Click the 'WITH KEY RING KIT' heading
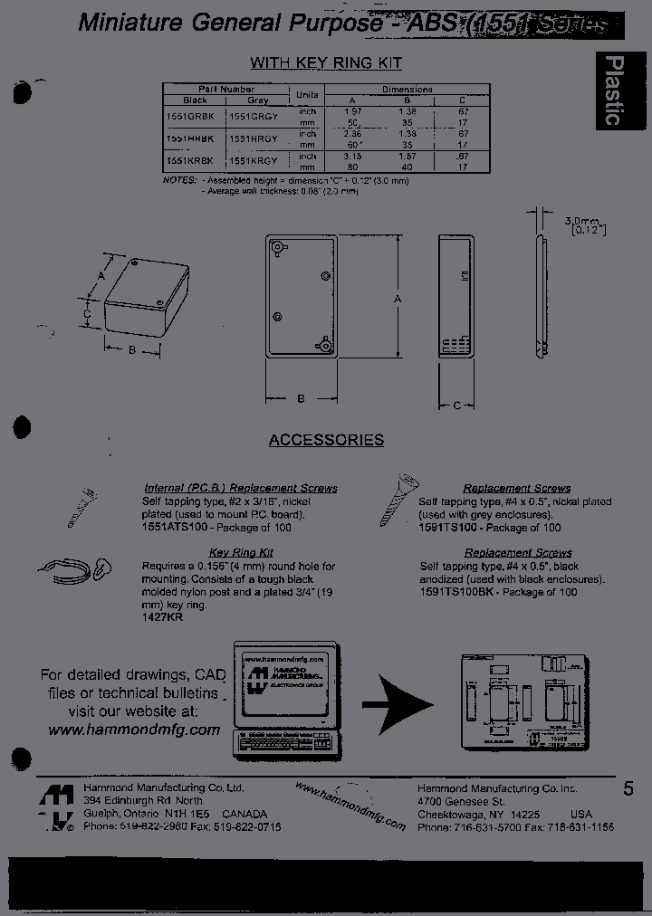pyautogui.click(x=325, y=62)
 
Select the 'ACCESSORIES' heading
pyautogui.click(x=326, y=440)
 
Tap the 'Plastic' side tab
pyautogui.click(x=613, y=91)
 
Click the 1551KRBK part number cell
pyautogui.click(x=192, y=159)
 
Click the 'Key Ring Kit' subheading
pyautogui.click(x=241, y=552)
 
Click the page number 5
pyautogui.click(x=628, y=789)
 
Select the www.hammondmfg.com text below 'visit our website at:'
pyautogui.click(x=134, y=730)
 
